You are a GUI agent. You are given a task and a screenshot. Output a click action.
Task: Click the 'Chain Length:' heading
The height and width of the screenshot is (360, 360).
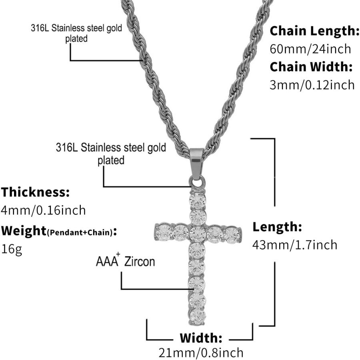point(314,31)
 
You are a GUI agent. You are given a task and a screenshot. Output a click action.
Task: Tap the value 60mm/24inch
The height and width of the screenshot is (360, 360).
point(310,49)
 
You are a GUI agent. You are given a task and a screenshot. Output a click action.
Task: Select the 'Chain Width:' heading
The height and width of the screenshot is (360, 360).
point(311,67)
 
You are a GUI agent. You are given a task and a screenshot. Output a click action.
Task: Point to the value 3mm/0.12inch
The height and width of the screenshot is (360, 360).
point(312,85)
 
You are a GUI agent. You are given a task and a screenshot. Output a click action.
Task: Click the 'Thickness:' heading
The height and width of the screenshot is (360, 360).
point(35,192)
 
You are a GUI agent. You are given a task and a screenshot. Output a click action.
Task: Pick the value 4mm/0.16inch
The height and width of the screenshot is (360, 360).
point(43,210)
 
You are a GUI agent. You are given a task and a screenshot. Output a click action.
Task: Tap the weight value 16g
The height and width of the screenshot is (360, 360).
point(12,249)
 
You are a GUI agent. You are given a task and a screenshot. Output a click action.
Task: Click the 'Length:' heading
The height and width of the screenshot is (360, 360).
point(277,227)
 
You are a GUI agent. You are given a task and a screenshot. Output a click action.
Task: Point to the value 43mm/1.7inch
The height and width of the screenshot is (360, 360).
point(295,245)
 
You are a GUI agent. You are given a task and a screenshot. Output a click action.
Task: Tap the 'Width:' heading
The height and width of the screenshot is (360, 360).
point(201,338)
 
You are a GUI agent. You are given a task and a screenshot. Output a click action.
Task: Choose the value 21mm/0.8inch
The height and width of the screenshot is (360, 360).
point(201,353)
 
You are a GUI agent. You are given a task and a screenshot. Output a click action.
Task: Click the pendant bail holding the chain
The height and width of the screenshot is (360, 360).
point(197,161)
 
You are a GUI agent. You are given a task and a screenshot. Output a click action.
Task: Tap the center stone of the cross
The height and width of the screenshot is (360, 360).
point(198,234)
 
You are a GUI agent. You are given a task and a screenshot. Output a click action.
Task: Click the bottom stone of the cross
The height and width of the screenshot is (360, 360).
point(197,316)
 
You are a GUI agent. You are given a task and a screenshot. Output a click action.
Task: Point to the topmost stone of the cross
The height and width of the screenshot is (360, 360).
point(198,200)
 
